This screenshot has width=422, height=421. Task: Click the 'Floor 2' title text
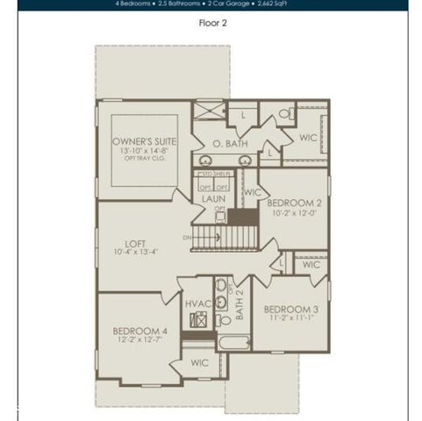click(212, 24)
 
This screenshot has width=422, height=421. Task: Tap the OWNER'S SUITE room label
click(145, 140)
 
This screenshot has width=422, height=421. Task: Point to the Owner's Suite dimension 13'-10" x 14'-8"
click(145, 151)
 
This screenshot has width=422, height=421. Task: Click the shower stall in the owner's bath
click(208, 111)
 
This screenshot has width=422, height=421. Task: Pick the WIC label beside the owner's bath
click(307, 138)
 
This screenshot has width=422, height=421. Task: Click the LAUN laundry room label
click(213, 199)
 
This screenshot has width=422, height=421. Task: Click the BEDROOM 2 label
click(293, 202)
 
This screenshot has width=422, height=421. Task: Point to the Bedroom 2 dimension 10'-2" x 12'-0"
click(293, 212)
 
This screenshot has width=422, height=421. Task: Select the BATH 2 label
click(240, 303)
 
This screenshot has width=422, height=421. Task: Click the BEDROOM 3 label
click(290, 310)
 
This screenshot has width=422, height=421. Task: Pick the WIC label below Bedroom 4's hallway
click(200, 362)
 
